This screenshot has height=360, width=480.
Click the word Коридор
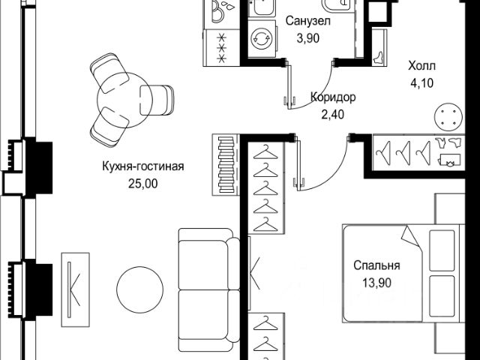point(333,97)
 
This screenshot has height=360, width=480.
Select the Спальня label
point(377,265)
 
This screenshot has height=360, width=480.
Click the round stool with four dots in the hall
point(448,116)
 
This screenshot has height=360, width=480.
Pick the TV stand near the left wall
point(75,286)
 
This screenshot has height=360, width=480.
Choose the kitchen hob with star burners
point(222,46)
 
